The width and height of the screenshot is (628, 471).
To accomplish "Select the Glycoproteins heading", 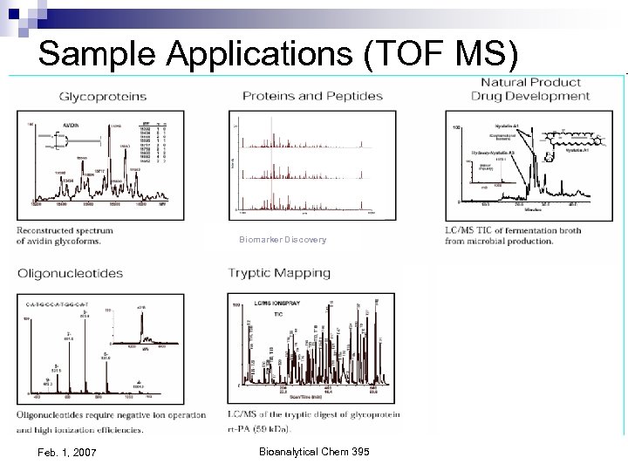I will point(102,97).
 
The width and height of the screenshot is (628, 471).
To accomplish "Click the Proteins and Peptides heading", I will point(312,95).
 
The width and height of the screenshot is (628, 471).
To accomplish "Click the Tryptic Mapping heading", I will point(279,273).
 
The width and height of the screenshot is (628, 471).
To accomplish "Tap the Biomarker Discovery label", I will point(283,240).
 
